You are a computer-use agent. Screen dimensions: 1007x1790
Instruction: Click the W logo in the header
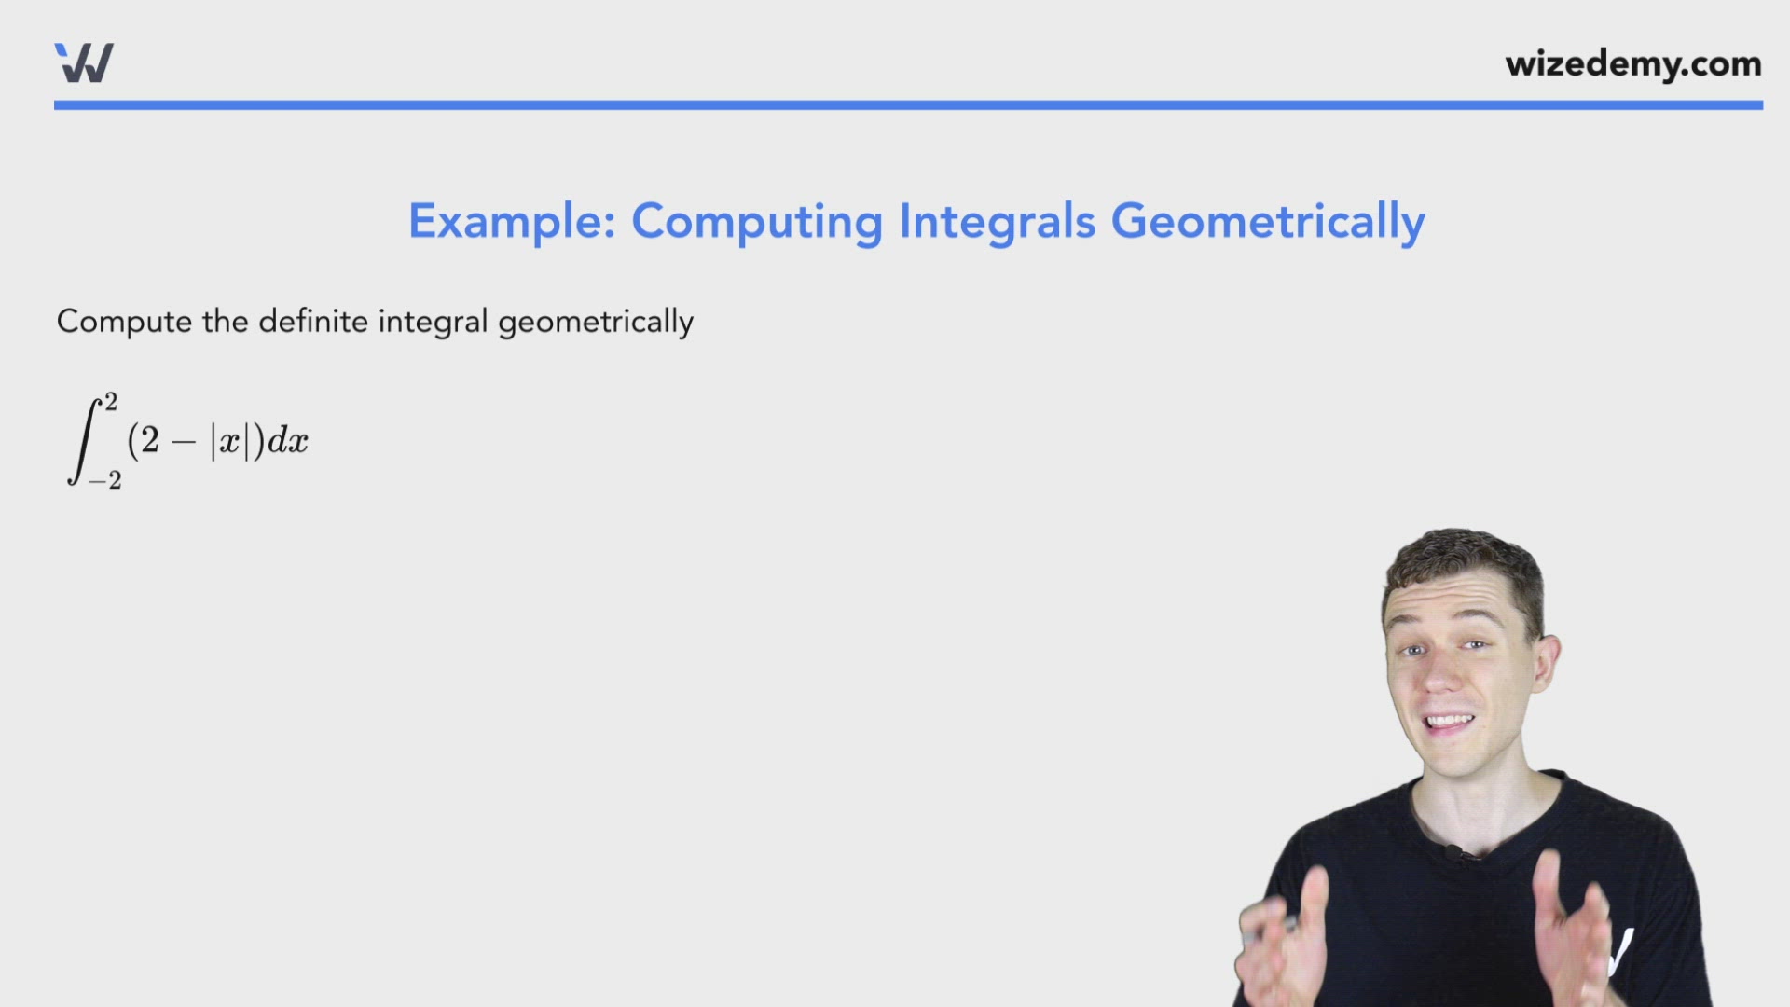(84, 63)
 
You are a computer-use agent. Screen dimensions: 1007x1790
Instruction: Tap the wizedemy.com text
(1632, 64)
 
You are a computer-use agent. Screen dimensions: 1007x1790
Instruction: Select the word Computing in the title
(756, 222)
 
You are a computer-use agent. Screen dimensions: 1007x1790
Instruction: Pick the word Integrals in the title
(996, 222)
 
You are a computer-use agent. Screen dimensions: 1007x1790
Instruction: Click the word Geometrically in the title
(1267, 222)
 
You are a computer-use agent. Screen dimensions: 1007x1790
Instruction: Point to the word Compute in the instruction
(124, 322)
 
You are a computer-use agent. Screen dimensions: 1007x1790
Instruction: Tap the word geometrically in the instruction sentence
(596, 323)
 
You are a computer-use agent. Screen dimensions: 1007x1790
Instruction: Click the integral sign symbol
(83, 441)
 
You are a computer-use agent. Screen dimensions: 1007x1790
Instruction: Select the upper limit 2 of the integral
(111, 403)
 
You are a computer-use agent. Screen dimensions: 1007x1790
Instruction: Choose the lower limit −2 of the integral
(105, 481)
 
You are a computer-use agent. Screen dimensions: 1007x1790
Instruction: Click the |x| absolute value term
(229, 441)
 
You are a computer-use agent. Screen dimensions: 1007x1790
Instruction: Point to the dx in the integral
(287, 441)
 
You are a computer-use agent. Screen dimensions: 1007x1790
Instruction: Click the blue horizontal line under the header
(908, 105)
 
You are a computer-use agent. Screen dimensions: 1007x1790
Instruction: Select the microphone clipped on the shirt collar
(1452, 851)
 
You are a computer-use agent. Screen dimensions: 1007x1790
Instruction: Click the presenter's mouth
(1449, 723)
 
